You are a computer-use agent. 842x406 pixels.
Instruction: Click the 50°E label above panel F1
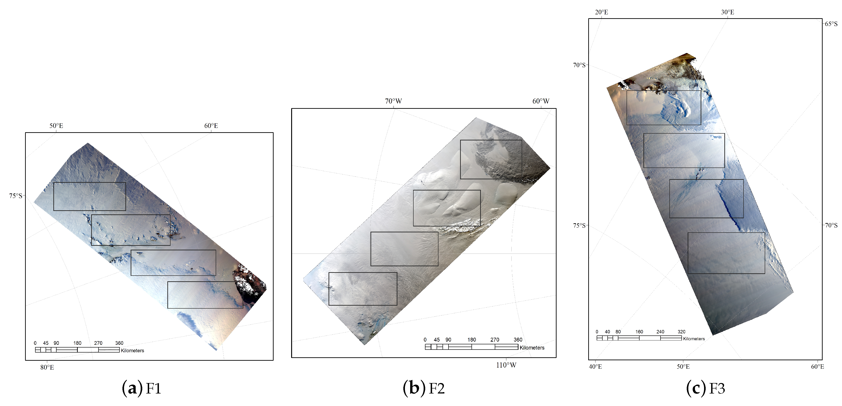[x=56, y=126]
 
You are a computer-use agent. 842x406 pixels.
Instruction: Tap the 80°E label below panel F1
[x=47, y=367]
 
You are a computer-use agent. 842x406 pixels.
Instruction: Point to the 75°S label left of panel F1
[x=15, y=196]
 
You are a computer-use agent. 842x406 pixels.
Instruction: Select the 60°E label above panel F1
[x=211, y=126]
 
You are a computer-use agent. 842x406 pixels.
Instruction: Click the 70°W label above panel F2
[x=393, y=101]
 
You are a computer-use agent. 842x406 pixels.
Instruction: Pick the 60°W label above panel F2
[x=541, y=101]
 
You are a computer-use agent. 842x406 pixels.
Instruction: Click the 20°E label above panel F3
[x=601, y=12]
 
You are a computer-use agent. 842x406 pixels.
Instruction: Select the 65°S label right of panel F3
[x=831, y=24]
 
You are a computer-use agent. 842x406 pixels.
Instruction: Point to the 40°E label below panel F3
[x=595, y=366]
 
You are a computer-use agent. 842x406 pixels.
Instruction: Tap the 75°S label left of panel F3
[x=579, y=226]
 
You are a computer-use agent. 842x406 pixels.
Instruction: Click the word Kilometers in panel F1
[x=132, y=350]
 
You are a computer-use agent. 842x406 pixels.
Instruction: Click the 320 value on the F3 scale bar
[x=681, y=332]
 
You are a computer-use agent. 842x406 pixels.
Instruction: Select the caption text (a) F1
[x=142, y=388]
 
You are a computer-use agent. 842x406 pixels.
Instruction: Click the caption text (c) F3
[x=706, y=388]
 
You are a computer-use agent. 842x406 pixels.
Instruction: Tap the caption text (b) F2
[x=424, y=388]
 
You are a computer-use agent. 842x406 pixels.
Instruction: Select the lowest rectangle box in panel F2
[x=363, y=289]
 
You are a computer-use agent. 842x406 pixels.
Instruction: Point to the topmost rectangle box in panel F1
[x=90, y=196]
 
